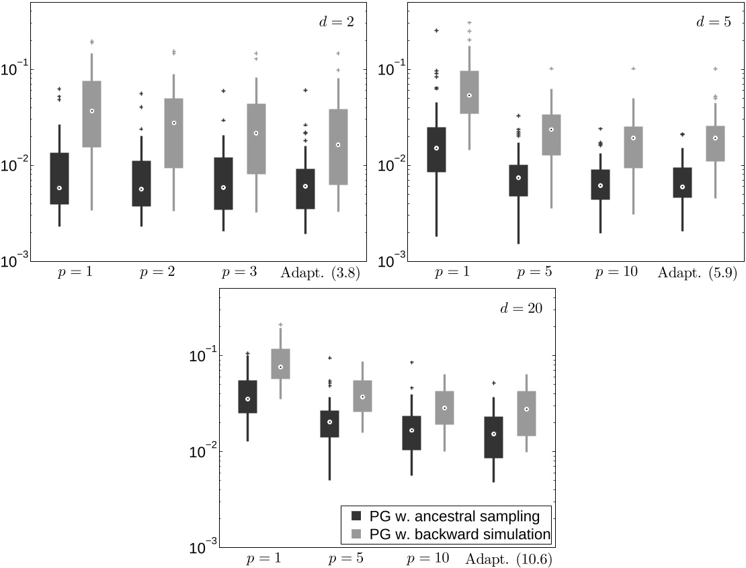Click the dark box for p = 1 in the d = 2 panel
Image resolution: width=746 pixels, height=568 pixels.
59,179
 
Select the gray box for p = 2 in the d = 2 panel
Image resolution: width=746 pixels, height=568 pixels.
173,133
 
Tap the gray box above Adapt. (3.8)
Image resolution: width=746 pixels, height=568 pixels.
337,147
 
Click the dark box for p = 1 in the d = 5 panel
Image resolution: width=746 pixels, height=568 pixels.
436,150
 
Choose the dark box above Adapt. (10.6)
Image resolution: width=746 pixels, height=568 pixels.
493,437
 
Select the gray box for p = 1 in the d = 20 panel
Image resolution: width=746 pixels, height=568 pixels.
280,364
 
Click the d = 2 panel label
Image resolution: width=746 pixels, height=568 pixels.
336,21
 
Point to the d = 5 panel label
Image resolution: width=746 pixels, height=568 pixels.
714,21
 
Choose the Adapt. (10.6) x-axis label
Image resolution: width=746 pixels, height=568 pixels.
509,559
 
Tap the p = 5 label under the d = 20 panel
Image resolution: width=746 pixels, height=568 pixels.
346,559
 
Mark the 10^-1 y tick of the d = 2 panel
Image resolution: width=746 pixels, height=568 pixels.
15,68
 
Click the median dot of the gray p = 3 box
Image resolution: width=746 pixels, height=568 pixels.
255,133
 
